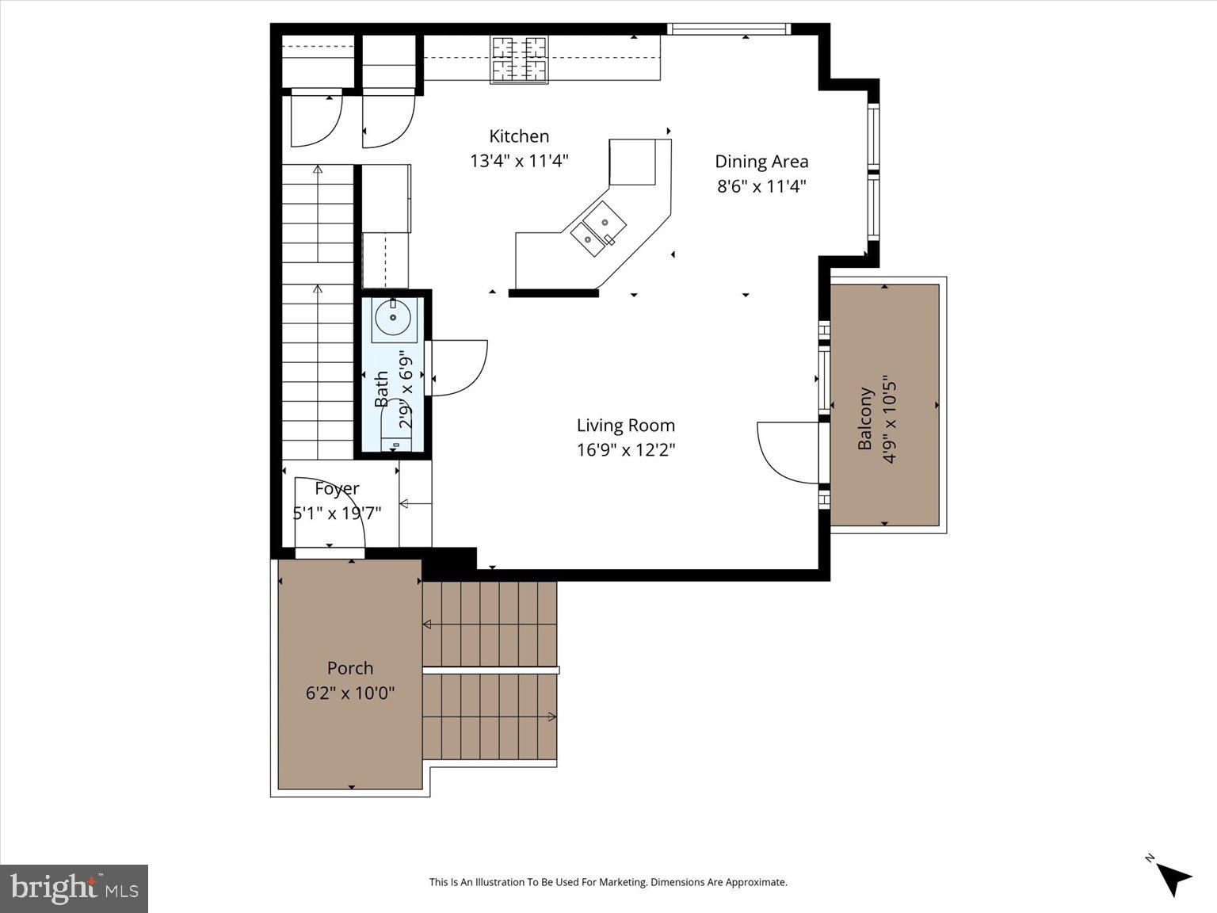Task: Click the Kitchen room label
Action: coord(519,136)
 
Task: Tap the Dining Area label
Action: coord(761,162)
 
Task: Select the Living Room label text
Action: coord(625,426)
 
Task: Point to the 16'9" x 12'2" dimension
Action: coord(625,450)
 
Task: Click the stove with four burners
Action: coord(520,59)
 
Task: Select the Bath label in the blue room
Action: coord(382,388)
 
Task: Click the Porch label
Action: coord(349,668)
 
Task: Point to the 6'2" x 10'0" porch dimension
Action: coord(349,693)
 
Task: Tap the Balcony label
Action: coord(865,418)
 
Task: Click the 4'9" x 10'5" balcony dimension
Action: coord(889,418)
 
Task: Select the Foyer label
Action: coord(337,489)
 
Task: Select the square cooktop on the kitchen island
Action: coord(633,162)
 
